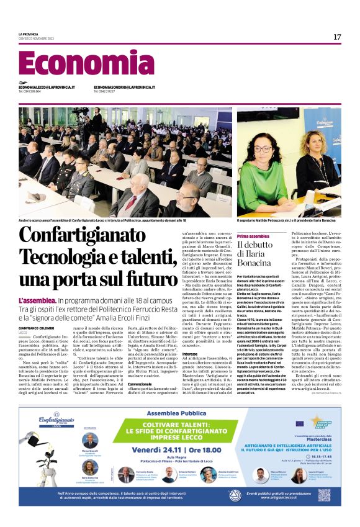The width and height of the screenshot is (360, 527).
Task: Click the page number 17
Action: point(337,37)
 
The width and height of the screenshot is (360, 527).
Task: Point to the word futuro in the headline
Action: point(145,279)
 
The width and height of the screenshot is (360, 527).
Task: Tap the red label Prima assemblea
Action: point(253,236)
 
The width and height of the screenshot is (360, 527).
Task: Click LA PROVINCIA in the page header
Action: point(29,33)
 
